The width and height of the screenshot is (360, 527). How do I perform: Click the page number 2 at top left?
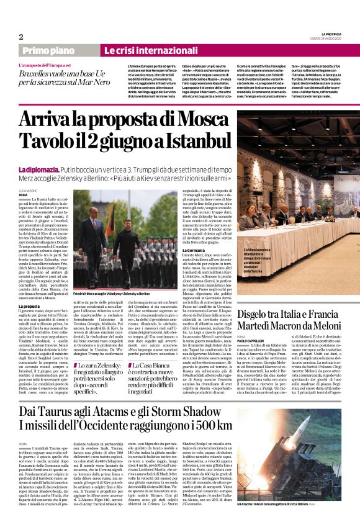pyautogui.click(x=21, y=37)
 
